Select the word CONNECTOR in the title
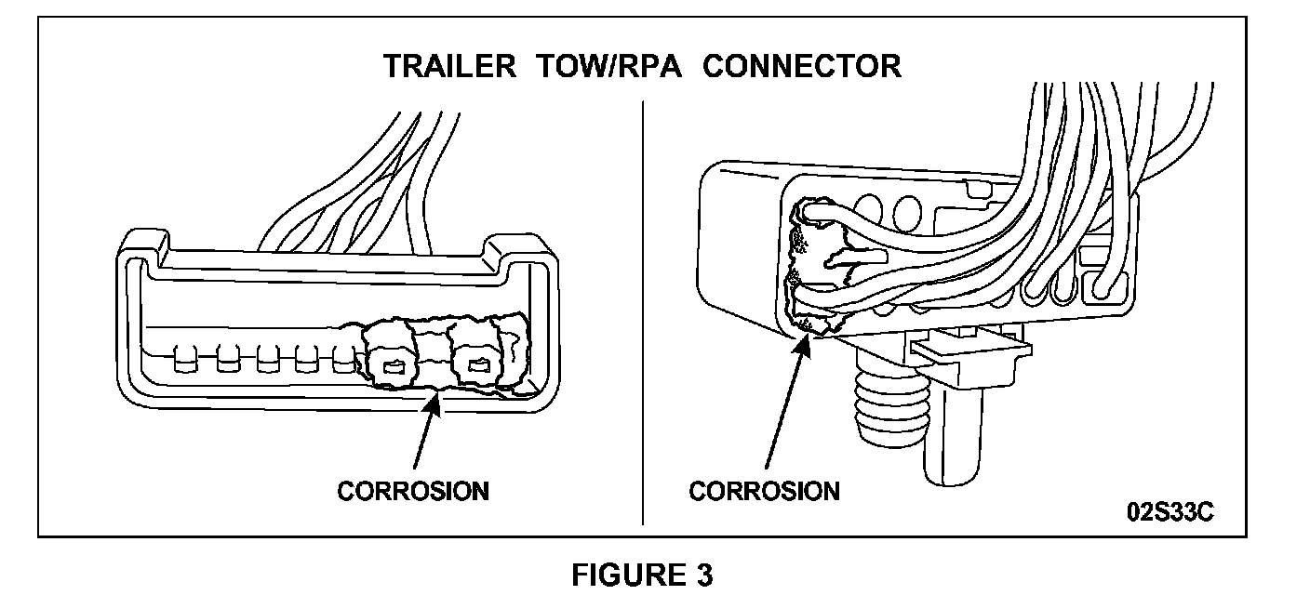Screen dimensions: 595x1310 [x=802, y=68]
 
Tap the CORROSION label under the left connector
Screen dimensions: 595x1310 [x=412, y=491]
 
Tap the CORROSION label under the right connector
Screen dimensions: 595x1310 [x=764, y=491]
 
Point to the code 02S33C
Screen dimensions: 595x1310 [x=1170, y=513]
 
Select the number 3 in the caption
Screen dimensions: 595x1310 [x=704, y=575]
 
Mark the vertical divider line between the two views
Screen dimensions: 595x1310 [x=643, y=307]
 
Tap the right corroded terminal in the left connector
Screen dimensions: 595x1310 [x=478, y=364]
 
